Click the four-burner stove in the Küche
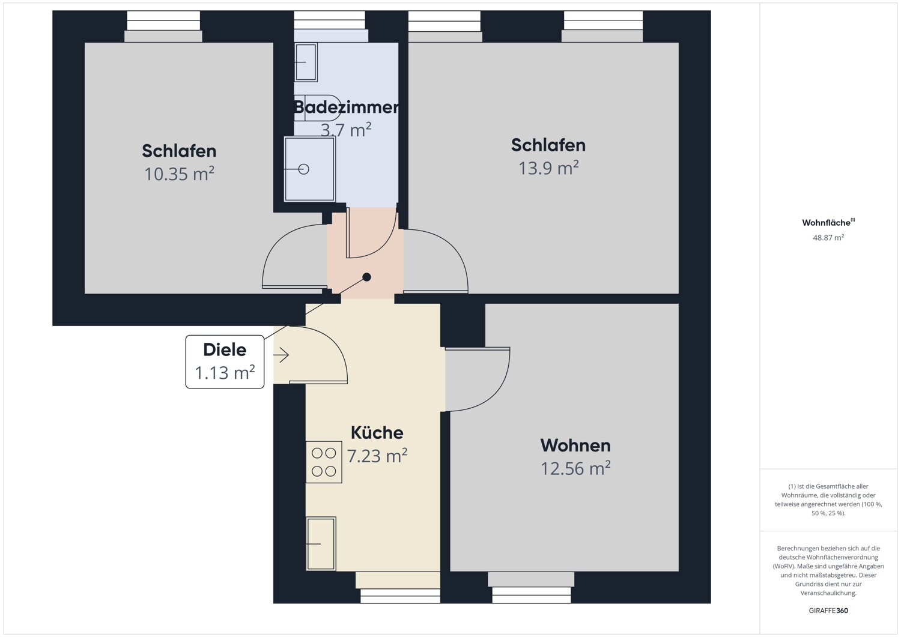[324, 462]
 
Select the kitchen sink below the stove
[321, 543]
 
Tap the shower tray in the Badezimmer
[309, 169]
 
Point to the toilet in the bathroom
[317, 108]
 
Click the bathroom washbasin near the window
[306, 62]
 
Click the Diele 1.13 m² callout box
[225, 361]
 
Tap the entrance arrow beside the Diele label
[281, 355]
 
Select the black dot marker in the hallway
[366, 277]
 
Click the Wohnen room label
[575, 445]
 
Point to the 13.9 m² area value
[548, 168]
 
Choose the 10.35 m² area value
[179, 174]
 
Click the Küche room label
[377, 433]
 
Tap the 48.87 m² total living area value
[828, 238]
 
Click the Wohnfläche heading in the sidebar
[827, 223]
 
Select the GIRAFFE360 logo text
[828, 611]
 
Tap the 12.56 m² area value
[575, 468]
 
